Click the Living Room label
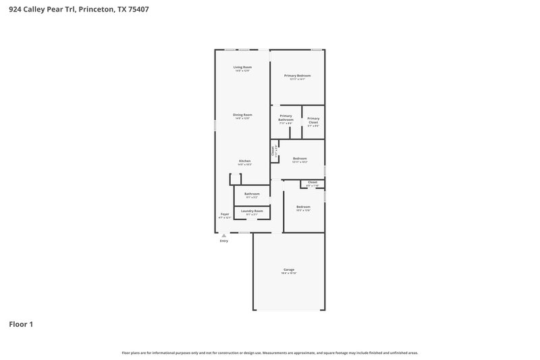tap(242, 67)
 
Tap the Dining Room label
tap(242, 114)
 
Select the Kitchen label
tap(244, 161)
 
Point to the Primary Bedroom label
tap(297, 75)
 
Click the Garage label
tap(289, 269)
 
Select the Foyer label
tap(224, 214)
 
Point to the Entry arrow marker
tap(224, 235)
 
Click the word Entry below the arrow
tap(224, 240)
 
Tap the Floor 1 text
tap(21, 324)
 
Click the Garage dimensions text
tap(289, 274)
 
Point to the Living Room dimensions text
tap(242, 71)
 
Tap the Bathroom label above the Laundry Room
tap(252, 194)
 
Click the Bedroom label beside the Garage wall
tap(303, 207)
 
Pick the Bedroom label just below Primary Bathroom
tap(300, 159)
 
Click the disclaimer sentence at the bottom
tap(270, 353)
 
